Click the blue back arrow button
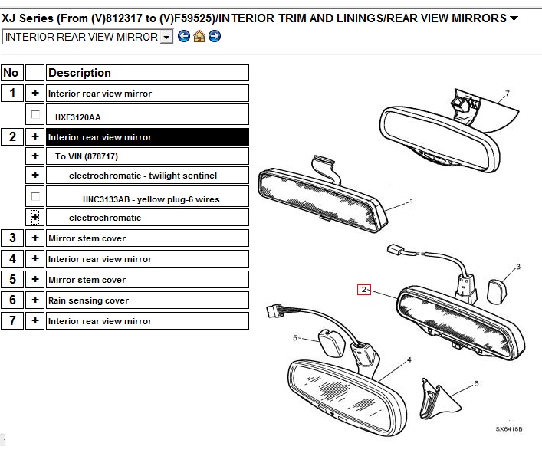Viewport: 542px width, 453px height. (184, 36)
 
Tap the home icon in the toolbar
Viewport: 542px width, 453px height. (199, 36)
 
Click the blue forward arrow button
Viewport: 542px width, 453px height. (215, 36)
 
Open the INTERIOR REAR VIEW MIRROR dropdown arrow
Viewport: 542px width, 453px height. (166, 37)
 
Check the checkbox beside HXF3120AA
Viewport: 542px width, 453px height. (35, 114)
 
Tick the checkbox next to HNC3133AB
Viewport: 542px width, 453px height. (35, 196)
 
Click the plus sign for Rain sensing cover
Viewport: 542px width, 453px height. (35, 300)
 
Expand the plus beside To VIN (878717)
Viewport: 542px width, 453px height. (35, 156)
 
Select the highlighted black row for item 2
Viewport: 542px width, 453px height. (147, 137)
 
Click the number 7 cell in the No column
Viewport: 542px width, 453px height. (12, 320)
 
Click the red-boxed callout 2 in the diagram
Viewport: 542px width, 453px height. (363, 290)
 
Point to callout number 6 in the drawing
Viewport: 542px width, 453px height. (476, 383)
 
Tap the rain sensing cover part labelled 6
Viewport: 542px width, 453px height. (436, 399)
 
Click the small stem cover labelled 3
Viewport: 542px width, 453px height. (496, 292)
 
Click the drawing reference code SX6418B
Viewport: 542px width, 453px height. (509, 429)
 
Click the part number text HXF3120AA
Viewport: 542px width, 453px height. (78, 117)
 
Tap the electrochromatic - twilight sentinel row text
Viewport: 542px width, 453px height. (143, 176)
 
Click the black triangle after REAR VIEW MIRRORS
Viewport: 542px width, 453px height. (514, 18)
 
